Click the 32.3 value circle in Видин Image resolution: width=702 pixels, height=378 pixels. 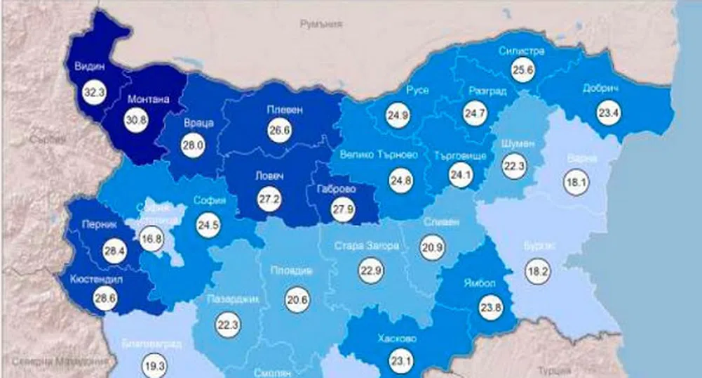pyautogui.click(x=93, y=91)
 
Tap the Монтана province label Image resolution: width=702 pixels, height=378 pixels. pyautogui.click(x=148, y=100)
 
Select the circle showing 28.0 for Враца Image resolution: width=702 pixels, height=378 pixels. pyautogui.click(x=192, y=145)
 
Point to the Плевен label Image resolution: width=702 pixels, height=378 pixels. pyautogui.click(x=285, y=110)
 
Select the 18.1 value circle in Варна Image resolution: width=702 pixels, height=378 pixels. pyautogui.click(x=574, y=183)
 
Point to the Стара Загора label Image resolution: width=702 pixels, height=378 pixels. pyautogui.click(x=367, y=247)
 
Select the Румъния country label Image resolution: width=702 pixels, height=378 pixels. pyautogui.click(x=320, y=24)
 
